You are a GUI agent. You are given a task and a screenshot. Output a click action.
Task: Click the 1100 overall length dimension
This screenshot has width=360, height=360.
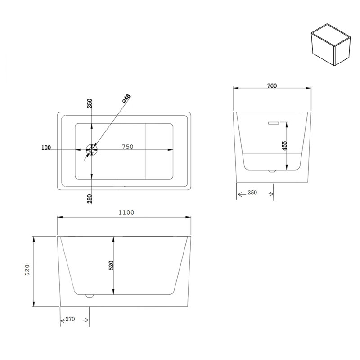pyautogui.click(x=126, y=212)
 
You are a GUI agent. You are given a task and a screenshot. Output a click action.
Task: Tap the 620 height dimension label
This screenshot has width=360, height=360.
pyautogui.click(x=27, y=270)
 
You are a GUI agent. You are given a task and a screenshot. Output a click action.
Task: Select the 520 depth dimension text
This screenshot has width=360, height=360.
pyautogui.click(x=111, y=265)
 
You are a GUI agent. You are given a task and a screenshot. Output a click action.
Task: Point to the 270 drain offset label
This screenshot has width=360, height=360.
pyautogui.click(x=70, y=319)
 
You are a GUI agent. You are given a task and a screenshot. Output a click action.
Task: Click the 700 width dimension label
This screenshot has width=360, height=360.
pyautogui.click(x=272, y=86)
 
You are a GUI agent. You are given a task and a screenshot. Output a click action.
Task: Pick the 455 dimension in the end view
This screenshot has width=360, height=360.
pyautogui.click(x=284, y=146)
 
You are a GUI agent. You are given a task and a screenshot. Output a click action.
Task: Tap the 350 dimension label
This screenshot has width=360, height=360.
pyautogui.click(x=252, y=193)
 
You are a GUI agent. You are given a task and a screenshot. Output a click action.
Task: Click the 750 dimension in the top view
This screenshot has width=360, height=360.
pyautogui.click(x=128, y=147)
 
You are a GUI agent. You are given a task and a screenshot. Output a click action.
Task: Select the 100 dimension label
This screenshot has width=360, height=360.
pyautogui.click(x=46, y=148)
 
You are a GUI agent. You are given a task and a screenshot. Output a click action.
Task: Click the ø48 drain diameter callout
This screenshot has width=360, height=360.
pyautogui.click(x=126, y=98)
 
